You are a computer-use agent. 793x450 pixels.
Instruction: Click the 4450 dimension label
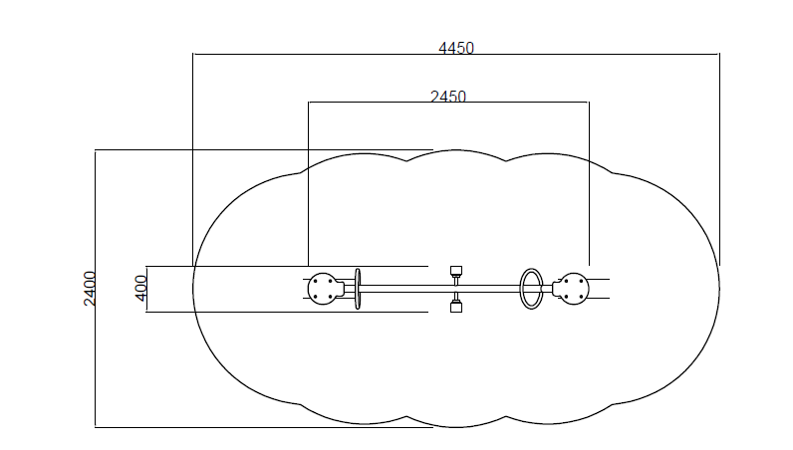coord(456,48)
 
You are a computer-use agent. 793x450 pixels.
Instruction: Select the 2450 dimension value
coord(448,96)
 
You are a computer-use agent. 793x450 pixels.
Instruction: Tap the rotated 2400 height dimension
coord(90,289)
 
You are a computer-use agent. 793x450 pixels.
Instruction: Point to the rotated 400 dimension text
coord(141,288)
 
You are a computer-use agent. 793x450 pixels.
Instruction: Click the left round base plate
coord(322,289)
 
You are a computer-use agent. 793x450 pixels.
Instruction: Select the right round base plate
coord(574,289)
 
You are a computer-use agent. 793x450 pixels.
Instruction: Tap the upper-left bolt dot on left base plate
coord(315,281)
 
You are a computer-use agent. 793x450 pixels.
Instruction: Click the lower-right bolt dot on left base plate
coord(330,297)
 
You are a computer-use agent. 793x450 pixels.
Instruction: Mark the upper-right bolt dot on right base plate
coord(581,281)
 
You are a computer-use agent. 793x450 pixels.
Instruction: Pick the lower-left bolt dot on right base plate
coord(567,297)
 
